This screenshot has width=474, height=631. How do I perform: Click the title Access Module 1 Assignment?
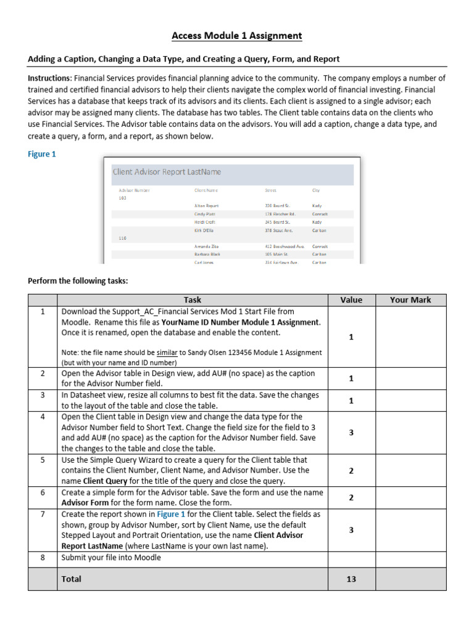pos(237,36)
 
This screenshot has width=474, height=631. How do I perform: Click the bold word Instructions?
pos(49,78)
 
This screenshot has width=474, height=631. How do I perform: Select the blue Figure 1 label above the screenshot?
pos(42,154)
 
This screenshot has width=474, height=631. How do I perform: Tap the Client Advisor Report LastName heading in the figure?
pos(167,172)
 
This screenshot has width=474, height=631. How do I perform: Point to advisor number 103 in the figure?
pos(122,198)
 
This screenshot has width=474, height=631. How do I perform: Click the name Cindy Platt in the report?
pos(205,214)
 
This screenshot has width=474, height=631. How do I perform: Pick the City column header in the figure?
pos(316,190)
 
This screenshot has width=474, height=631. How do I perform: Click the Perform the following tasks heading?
pos(78,281)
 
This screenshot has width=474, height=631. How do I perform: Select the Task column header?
pos(192,300)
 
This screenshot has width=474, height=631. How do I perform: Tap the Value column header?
pos(351,300)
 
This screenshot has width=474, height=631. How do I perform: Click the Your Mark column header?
pos(410,300)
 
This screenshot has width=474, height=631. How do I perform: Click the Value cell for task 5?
pos(351,471)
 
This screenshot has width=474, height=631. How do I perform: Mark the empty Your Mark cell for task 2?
pos(410,378)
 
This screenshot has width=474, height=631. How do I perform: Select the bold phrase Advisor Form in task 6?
pos(85,502)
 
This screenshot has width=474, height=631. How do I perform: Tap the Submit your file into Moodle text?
pos(111,557)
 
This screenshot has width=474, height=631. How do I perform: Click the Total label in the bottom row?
pos(71,579)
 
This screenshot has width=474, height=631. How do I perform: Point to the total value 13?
pos(351,579)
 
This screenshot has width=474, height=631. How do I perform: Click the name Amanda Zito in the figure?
pos(206,246)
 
